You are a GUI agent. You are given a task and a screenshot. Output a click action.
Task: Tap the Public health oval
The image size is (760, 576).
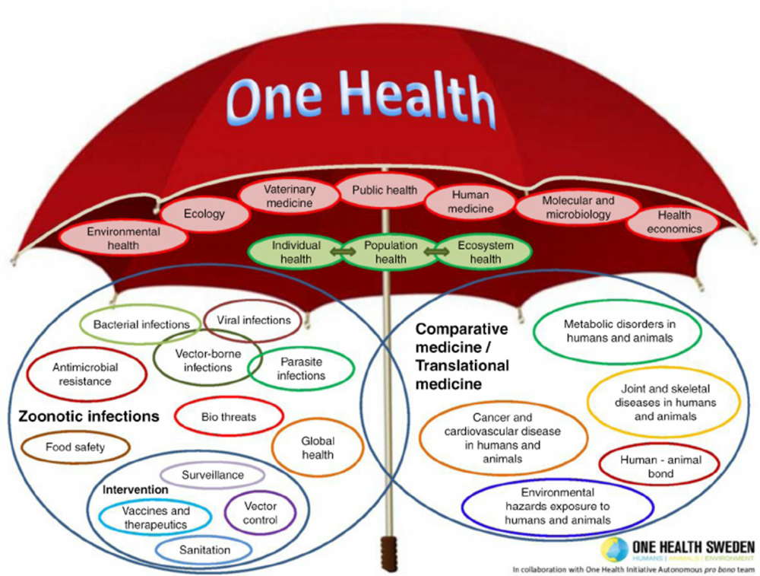click(x=385, y=189)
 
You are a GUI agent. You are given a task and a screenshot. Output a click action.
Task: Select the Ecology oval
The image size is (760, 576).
click(x=204, y=214)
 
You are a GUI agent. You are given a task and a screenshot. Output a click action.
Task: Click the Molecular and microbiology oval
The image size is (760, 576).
click(x=578, y=207)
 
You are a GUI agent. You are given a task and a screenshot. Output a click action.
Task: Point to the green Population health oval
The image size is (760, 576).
click(x=391, y=253)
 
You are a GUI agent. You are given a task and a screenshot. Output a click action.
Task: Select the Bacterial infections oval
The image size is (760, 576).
click(x=141, y=324)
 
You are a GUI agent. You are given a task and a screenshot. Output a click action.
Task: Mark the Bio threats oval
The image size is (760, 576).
click(x=229, y=417)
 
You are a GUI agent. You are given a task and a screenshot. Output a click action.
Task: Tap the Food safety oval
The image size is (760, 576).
click(x=75, y=447)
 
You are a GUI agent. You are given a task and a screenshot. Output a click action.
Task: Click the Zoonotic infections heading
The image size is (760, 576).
click(x=89, y=416)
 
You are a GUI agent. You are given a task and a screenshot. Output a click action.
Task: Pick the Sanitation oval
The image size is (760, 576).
click(x=204, y=550)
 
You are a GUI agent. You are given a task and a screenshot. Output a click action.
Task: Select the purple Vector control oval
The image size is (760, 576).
click(x=260, y=513)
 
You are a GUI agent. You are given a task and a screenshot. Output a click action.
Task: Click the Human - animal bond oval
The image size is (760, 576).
click(x=660, y=466)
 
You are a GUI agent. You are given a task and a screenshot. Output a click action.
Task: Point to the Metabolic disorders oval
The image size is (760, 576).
click(x=618, y=331)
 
